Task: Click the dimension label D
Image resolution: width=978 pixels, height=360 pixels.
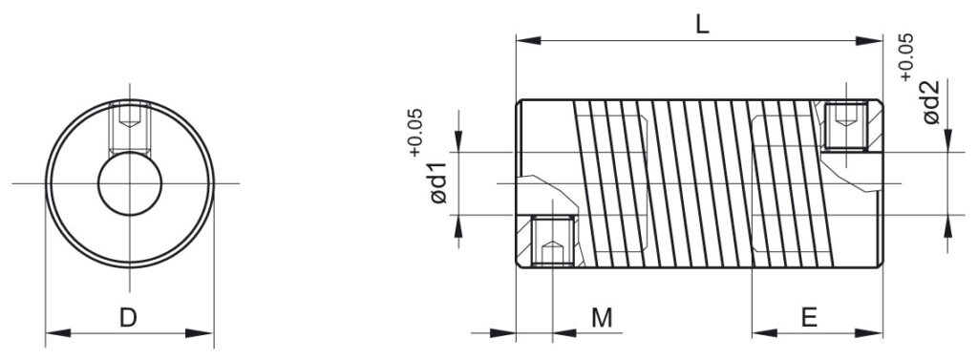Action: [128, 318]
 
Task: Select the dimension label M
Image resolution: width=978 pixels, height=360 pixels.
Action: [602, 318]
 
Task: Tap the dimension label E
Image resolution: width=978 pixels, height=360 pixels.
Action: [809, 318]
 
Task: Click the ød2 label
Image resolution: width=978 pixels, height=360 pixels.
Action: [930, 102]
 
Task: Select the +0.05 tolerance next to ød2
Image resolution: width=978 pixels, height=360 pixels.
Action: [906, 56]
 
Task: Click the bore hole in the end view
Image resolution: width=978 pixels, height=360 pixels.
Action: [130, 183]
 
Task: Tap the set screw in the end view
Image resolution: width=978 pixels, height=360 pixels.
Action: [129, 127]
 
